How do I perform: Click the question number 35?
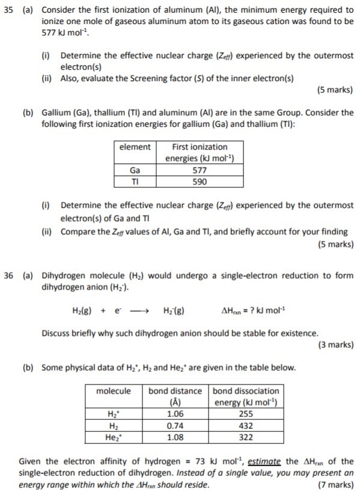(9, 10)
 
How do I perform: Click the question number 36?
(9, 276)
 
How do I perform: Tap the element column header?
(135, 147)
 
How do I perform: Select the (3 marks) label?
(334, 345)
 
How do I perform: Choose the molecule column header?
(114, 391)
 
